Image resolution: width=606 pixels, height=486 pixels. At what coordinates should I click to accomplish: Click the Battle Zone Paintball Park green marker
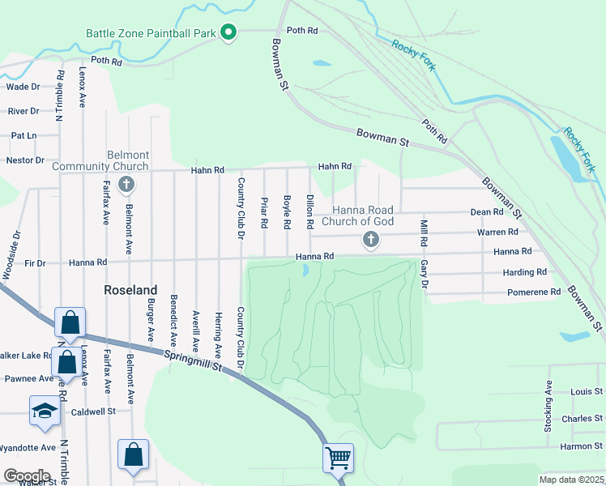228,33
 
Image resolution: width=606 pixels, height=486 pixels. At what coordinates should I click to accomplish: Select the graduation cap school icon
45,411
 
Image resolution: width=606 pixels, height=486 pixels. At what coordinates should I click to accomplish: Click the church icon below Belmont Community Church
126,185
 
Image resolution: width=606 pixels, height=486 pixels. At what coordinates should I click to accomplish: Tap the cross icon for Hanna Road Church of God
371,239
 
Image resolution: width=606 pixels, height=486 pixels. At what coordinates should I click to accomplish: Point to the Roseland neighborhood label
130,289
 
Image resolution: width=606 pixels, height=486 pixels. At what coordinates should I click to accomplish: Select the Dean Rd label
487,212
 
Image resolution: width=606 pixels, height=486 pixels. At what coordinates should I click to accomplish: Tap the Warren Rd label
492,232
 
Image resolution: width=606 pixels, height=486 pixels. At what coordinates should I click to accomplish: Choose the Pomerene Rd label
534,292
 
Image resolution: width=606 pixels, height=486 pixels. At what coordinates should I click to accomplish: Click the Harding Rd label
524,272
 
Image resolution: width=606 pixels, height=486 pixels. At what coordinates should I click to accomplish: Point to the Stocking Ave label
548,410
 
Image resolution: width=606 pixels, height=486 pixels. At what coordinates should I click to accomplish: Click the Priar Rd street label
264,211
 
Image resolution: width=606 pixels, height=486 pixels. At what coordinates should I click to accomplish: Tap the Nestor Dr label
25,160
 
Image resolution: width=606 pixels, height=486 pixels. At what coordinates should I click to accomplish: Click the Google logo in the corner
27,475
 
